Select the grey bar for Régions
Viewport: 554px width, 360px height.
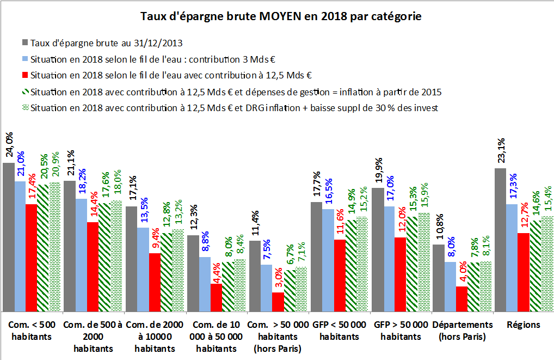pyautogui.click(x=500, y=240)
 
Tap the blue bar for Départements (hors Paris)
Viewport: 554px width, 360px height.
pyautogui.click(x=450, y=286)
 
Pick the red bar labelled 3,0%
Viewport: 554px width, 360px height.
pyautogui.click(x=278, y=302)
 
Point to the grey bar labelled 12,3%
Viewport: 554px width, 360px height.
pyautogui.click(x=193, y=273)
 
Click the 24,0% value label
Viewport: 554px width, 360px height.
pyautogui.click(x=9, y=147)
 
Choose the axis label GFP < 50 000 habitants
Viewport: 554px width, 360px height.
pyautogui.click(x=340, y=331)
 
